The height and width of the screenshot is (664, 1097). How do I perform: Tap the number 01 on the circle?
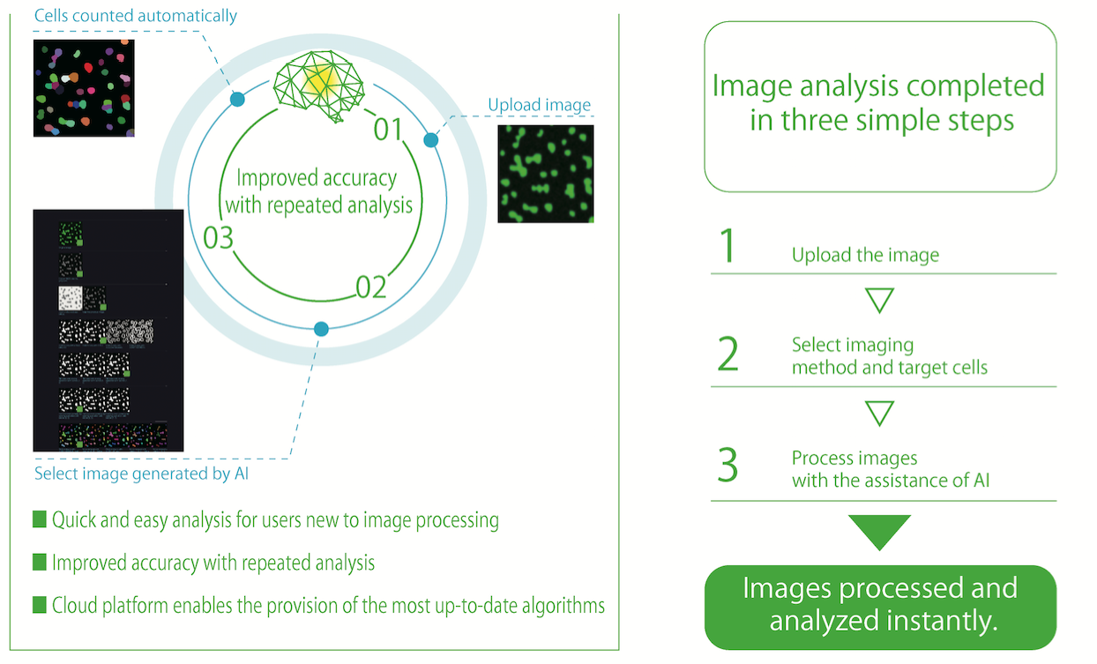click(x=388, y=130)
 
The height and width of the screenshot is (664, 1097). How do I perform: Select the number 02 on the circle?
click(x=371, y=287)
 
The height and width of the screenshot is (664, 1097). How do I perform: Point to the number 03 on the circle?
click(x=219, y=238)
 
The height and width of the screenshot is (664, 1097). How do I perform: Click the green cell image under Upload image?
click(x=545, y=173)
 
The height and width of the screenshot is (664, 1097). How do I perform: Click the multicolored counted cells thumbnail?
click(x=84, y=87)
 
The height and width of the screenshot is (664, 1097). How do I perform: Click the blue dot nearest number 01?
click(x=431, y=140)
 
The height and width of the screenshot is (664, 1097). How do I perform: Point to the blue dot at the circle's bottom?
click(x=321, y=329)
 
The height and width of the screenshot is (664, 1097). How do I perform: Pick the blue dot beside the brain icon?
click(x=237, y=100)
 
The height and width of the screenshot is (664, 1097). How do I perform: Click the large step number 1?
click(x=728, y=246)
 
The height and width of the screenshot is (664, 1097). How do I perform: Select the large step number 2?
click(x=728, y=353)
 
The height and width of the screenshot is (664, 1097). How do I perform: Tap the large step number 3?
click(x=728, y=466)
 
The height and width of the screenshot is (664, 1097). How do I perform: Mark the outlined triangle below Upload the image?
click(x=880, y=300)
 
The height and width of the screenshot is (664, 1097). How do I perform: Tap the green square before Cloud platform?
click(x=39, y=605)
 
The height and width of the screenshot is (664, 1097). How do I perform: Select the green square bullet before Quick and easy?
click(x=39, y=519)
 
